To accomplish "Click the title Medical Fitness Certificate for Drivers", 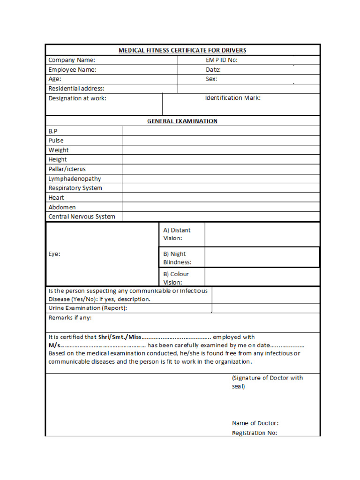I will tap(182, 50).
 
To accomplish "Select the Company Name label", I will tap(72, 60).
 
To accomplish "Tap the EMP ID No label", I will tap(225, 60).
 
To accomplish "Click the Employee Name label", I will tap(73, 69).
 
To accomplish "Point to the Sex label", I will tap(211, 79).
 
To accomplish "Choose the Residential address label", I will tap(76, 88).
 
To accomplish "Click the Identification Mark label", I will tap(232, 98).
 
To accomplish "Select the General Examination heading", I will tap(182, 121).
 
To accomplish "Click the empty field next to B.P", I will tap(221, 131).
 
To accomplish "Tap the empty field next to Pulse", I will tap(221, 140).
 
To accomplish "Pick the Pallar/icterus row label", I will tap(67, 169).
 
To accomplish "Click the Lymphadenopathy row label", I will tap(75, 179).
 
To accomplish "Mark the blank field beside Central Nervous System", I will tap(221, 217).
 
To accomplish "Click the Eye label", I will tap(54, 254).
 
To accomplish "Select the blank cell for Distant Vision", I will tap(262, 234).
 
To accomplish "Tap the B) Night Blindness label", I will tap(177, 258).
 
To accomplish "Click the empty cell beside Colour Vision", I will tap(262, 277).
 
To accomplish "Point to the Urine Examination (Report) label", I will tap(88, 308).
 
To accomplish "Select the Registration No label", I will tap(255, 433).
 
